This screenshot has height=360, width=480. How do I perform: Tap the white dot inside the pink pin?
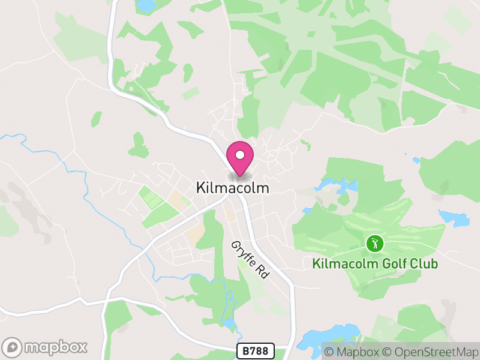click(240, 155)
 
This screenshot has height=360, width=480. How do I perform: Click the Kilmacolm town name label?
click(233, 188)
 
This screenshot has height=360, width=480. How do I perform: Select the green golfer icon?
click(375, 244)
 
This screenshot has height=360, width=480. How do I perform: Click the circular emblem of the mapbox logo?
click(13, 347)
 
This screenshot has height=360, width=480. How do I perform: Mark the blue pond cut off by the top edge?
click(146, 5)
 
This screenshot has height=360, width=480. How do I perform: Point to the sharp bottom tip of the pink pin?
click(240, 176)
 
